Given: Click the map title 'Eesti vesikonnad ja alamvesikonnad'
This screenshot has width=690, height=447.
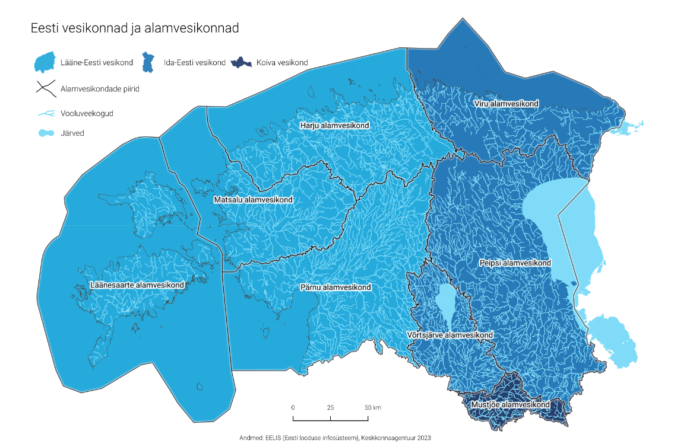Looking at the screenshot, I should [x=135, y=28].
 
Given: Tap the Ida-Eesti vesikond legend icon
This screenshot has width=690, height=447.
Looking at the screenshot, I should [x=150, y=62].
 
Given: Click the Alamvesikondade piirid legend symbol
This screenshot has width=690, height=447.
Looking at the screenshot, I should [x=45, y=89].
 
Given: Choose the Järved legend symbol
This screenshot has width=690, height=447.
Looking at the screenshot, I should [x=45, y=133].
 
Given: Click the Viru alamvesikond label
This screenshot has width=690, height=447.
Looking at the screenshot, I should [x=506, y=104].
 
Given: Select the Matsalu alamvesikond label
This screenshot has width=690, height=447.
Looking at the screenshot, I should [x=253, y=200].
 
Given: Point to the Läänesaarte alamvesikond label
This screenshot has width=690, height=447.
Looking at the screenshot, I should [x=137, y=285].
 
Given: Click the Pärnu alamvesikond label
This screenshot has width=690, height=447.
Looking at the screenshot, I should [x=335, y=288].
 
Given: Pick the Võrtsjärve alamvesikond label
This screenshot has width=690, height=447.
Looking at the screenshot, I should [x=450, y=336].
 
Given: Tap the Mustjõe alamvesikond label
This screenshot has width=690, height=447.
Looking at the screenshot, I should [x=509, y=405].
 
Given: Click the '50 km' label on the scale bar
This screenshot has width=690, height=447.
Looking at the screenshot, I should [x=372, y=408].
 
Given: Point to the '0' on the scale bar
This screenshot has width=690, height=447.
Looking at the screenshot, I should [x=293, y=408].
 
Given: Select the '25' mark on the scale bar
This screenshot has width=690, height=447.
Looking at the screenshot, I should [x=330, y=408].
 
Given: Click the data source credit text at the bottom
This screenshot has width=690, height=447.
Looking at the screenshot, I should [x=334, y=438].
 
